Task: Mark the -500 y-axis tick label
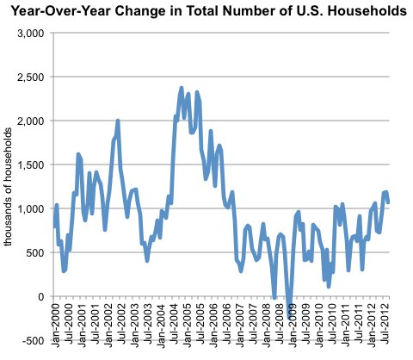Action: (34, 340)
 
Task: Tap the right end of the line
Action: (389, 202)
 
